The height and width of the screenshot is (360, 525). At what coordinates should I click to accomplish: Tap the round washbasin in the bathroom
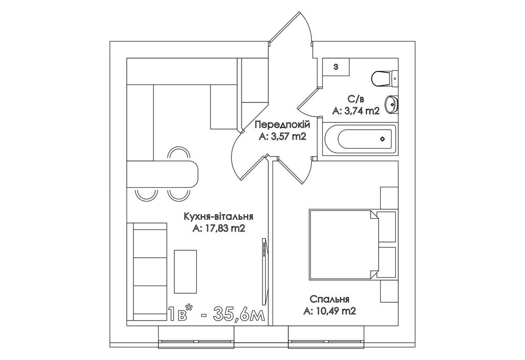[x=391, y=105]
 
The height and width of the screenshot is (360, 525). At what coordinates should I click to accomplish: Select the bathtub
[x=360, y=139]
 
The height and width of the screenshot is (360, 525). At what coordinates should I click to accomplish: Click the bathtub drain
[x=382, y=139]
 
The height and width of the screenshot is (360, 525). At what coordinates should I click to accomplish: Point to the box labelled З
[x=336, y=67]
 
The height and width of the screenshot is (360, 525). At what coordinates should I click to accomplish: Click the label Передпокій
[x=282, y=125]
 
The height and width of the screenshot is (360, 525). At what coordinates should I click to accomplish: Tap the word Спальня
[x=330, y=299]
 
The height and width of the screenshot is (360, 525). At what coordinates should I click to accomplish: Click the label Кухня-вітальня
[x=218, y=216]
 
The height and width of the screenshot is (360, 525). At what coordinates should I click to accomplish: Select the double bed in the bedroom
[x=344, y=244]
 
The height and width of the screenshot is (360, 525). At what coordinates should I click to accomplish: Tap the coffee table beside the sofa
[x=185, y=271]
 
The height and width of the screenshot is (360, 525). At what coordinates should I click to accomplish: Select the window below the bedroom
[x=327, y=337]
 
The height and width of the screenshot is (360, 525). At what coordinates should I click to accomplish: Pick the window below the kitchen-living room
[x=196, y=337]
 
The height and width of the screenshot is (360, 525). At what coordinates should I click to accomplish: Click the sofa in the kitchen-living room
[x=147, y=271]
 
